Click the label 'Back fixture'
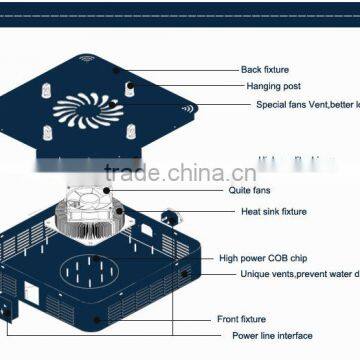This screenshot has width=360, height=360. pos(264,70)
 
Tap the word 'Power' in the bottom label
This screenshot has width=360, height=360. pos(245,335)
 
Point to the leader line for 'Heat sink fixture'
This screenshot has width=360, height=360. pos(210,212)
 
